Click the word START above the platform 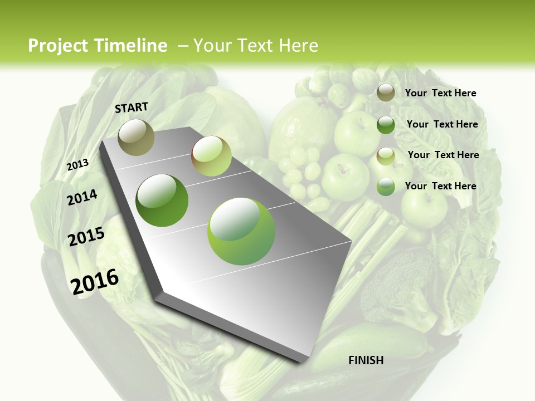click(132, 107)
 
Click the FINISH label click(366, 360)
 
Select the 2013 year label click(77, 165)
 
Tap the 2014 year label click(82, 197)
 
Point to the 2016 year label click(95, 281)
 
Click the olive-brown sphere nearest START click(136, 137)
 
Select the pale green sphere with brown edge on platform click(211, 156)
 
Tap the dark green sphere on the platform click(162, 200)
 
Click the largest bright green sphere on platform click(241, 232)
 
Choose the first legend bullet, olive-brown click(386, 93)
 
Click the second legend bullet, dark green click(386, 125)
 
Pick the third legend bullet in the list click(386, 156)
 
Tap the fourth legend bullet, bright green click(386, 187)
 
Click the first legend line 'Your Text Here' click(440, 93)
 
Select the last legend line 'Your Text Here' click(440, 186)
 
